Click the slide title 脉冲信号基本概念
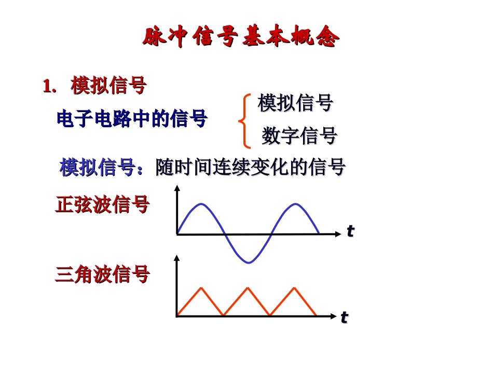click(x=241, y=37)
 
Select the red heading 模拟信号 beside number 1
click(x=108, y=86)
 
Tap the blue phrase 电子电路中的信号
click(x=132, y=119)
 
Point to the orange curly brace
click(x=243, y=120)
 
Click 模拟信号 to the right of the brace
click(x=295, y=103)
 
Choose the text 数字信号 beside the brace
click(x=299, y=136)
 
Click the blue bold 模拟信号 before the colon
click(x=98, y=168)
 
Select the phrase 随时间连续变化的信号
click(x=251, y=168)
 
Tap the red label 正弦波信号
click(x=102, y=204)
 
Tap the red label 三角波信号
click(x=102, y=274)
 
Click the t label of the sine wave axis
click(x=350, y=231)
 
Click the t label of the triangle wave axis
click(x=344, y=317)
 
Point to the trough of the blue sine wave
click(x=249, y=262)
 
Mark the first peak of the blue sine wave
click(x=201, y=204)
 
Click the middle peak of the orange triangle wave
click(x=247, y=287)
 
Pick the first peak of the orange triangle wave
click(x=200, y=287)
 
